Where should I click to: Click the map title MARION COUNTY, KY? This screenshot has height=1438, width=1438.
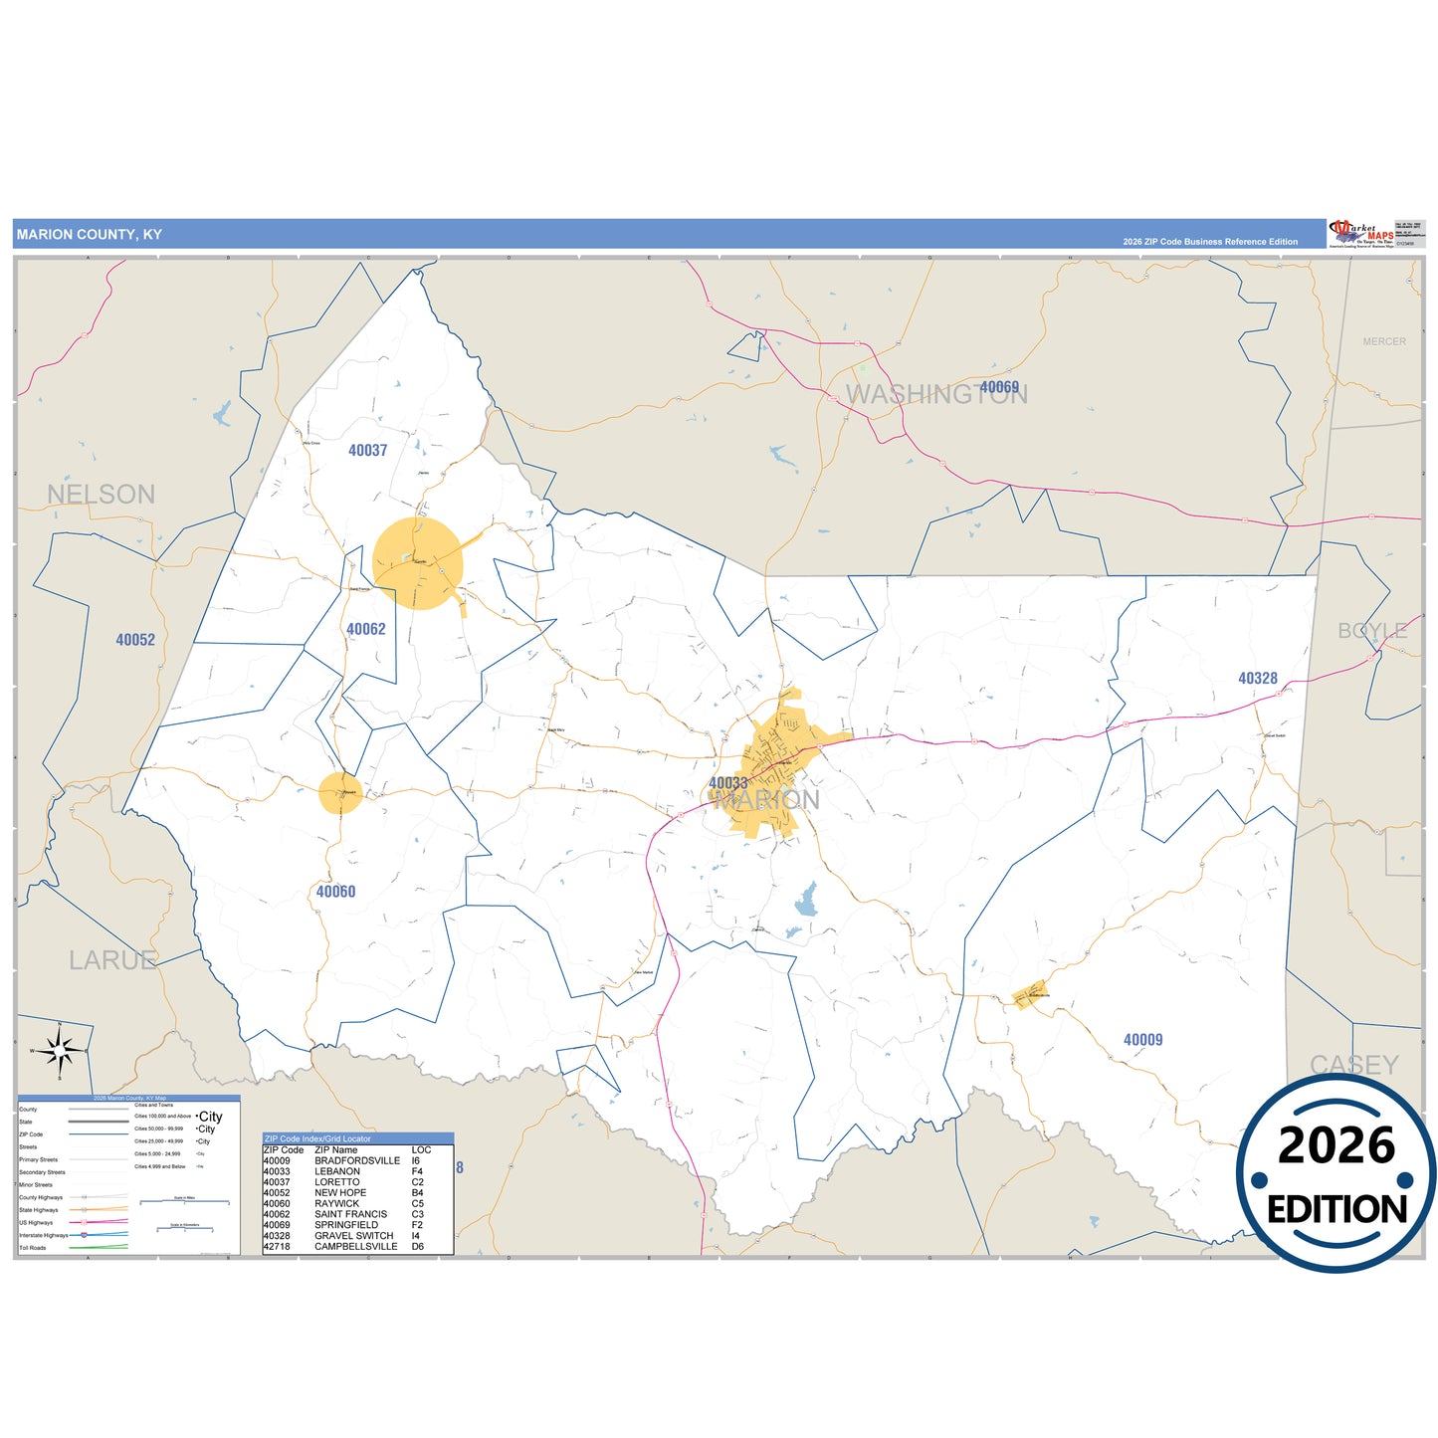coord(89,235)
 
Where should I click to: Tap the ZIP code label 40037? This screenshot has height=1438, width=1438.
coord(367,451)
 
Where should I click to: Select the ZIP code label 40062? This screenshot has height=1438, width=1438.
coord(365,629)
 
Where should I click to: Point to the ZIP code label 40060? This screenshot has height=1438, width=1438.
coord(335,892)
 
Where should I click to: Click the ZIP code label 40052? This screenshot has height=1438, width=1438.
coord(135,640)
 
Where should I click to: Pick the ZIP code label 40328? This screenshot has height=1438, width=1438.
coord(1257,679)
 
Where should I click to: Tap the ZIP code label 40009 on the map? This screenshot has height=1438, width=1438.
coord(1142,1040)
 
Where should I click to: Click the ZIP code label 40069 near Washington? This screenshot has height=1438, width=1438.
coord(999,387)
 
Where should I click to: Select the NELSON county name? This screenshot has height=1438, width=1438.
coord(101,495)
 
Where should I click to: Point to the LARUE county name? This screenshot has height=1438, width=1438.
coord(112,960)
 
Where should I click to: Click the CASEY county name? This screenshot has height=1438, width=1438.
coord(1353,1065)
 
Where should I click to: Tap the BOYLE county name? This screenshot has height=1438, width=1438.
coord(1372,631)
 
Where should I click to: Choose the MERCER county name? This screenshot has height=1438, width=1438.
coord(1384,341)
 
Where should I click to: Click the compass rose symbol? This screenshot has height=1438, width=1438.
coord(60,1050)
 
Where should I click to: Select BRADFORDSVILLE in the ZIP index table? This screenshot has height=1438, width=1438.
coord(357,1160)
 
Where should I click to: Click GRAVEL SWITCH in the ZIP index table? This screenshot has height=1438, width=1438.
coord(353,1236)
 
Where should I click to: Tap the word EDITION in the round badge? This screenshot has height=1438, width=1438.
coord(1336,1210)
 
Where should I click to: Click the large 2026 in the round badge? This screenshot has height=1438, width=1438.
coord(1336,1146)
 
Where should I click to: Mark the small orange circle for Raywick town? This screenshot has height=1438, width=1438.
coord(340,793)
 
